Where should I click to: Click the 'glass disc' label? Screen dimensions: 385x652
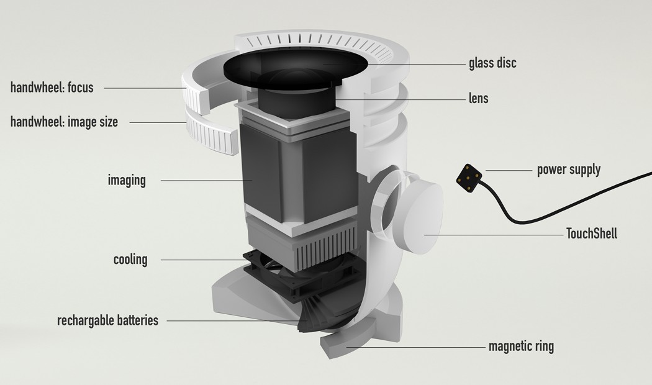[x=492, y=63]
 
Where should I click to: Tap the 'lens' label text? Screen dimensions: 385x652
[x=479, y=98]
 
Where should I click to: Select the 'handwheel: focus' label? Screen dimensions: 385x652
[x=52, y=88]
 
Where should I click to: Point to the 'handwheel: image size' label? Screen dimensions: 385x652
[x=64, y=122]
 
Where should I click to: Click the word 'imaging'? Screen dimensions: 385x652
[x=127, y=181]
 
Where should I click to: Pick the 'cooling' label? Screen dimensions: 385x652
[x=130, y=259]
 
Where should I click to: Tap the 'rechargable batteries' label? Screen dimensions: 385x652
[x=107, y=320]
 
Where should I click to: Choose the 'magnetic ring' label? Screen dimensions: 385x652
[x=521, y=346]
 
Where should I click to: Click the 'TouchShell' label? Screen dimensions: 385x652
[x=591, y=234]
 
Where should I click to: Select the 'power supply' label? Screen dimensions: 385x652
[x=568, y=169]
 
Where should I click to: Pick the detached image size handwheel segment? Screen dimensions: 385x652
[x=211, y=134]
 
